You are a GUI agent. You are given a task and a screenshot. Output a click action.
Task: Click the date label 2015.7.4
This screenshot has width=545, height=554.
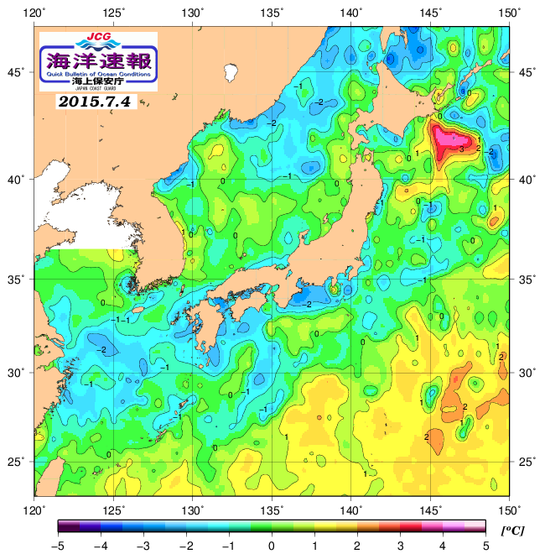coord(94,102)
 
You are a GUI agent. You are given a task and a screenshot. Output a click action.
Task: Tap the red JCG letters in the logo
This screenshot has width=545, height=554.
coord(98,38)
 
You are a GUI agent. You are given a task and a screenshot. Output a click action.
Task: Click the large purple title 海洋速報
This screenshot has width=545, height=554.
coord(98,60)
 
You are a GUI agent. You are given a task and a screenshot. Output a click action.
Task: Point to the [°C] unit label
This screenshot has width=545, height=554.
coord(511,530)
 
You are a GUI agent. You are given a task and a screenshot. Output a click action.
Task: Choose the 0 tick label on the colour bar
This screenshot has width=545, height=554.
coord(272,546)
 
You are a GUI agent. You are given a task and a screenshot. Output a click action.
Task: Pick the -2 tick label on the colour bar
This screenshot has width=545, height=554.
coord(185,546)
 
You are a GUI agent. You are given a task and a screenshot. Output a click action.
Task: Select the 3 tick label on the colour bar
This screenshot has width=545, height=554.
coord(400,546)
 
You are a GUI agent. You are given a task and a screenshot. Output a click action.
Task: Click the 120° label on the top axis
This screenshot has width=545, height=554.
coord(34,13)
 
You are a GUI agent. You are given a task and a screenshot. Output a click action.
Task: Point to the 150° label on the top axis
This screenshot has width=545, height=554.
coord(510,13)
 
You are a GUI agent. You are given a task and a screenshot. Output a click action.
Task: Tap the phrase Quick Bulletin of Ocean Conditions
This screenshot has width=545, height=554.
coord(98,73)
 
